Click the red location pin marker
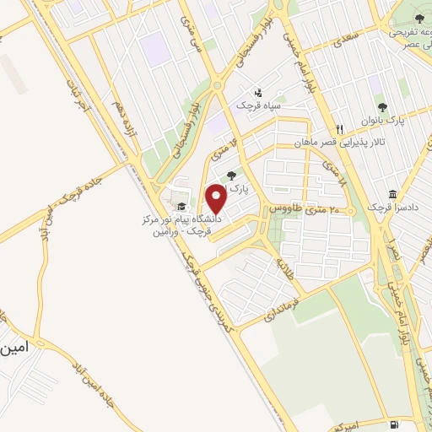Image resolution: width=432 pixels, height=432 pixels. (x=217, y=198)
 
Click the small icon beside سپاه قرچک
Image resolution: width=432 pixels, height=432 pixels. (x=258, y=92)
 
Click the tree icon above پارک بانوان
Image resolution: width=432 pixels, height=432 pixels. (x=382, y=107)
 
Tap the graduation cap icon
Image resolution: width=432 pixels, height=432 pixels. (x=179, y=206)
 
